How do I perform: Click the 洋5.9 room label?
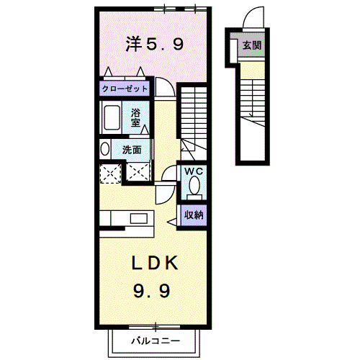click(155, 44)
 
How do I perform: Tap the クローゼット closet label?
click(125, 89)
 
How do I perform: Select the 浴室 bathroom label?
click(135, 117)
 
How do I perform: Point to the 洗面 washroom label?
click(132, 150)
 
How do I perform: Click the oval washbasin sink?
click(104, 149)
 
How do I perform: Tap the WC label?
click(194, 171)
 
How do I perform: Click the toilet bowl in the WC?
click(194, 185)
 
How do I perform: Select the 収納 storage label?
click(194, 215)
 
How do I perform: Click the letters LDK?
click(155, 264)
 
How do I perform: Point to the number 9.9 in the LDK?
click(152, 290)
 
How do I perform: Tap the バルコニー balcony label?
click(156, 341)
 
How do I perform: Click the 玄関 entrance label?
click(252, 45)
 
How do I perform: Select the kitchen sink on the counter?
click(139, 218)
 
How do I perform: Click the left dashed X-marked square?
click(110, 174)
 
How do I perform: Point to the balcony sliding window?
click(155, 327)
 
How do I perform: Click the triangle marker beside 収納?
click(172, 222)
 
